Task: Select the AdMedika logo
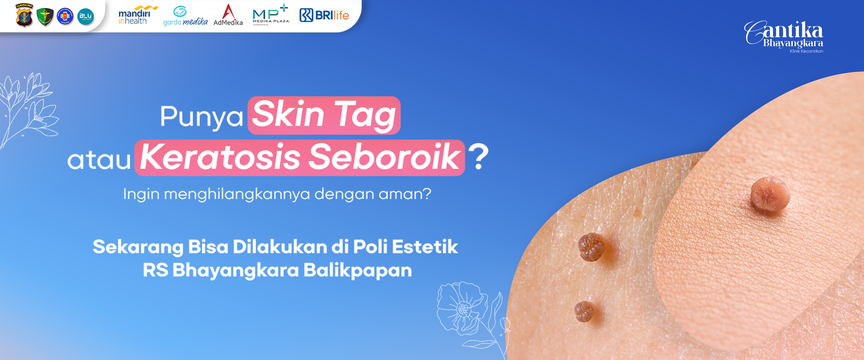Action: pyautogui.click(x=228, y=15)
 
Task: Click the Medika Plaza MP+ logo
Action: pyautogui.click(x=271, y=15)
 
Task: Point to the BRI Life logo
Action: pyautogui.click(x=324, y=15)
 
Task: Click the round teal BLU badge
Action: pyautogui.click(x=86, y=17)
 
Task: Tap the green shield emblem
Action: pyautogui.click(x=45, y=17)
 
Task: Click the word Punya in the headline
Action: pyautogui.click(x=201, y=117)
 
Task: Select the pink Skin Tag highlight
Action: pyautogui.click(x=324, y=115)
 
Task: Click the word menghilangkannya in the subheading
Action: pyautogui.click(x=237, y=194)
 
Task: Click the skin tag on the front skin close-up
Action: pyautogui.click(x=770, y=194)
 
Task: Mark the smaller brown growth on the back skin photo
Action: pyautogui.click(x=584, y=311)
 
